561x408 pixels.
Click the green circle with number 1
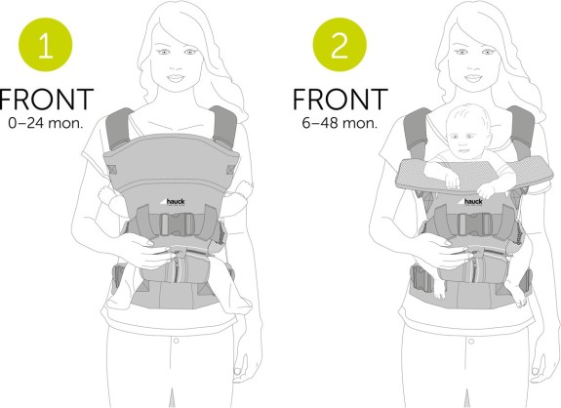coord(46,44)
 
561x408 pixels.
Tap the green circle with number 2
coord(340,44)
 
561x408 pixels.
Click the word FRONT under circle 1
coord(47,100)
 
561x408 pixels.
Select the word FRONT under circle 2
coord(341,100)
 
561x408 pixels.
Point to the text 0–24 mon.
coord(46,123)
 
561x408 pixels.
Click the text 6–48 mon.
coord(340,123)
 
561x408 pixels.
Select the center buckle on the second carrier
coord(474,224)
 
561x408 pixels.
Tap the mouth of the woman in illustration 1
coord(176,78)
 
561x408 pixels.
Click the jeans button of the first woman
coord(176,341)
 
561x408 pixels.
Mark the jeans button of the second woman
coord(471,341)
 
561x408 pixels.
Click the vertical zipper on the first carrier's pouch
coord(177,269)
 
